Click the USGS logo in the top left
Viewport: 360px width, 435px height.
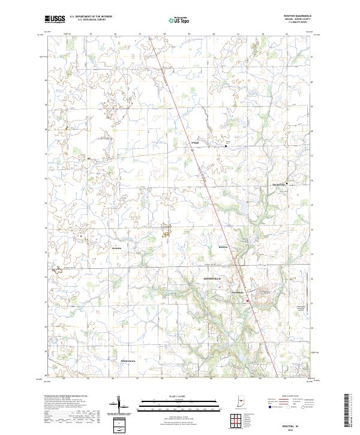55,19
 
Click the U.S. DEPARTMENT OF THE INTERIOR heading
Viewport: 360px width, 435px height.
91,17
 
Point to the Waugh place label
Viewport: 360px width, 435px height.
194,143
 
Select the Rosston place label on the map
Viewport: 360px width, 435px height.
223,247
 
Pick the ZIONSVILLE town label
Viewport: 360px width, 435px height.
211,279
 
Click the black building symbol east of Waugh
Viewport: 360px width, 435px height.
226,145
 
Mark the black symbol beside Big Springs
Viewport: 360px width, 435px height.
287,183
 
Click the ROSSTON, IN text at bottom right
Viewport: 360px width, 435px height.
293,421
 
